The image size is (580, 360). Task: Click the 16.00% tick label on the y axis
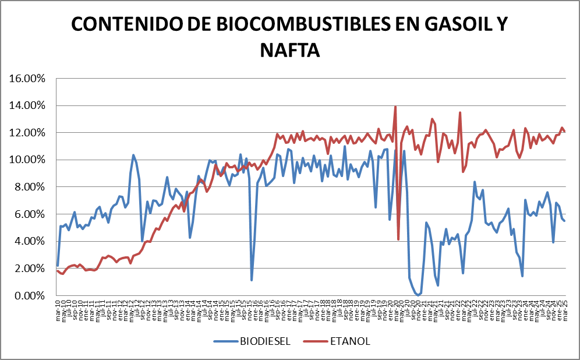(x=28, y=78)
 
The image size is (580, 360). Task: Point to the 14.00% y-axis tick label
(x=28, y=105)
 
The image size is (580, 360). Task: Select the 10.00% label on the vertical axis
(x=28, y=160)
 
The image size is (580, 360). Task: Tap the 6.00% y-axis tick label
(x=30, y=214)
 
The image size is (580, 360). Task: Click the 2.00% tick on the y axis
(x=30, y=269)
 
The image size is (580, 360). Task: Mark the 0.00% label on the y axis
(x=30, y=296)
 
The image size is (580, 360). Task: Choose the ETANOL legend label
(x=350, y=341)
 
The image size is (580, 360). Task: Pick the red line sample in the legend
(x=316, y=341)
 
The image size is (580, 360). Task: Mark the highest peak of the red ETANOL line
(x=395, y=107)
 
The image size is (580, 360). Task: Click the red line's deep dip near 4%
(x=398, y=239)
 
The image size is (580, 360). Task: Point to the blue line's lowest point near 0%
(x=418, y=295)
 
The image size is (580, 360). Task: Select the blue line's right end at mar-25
(x=564, y=221)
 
